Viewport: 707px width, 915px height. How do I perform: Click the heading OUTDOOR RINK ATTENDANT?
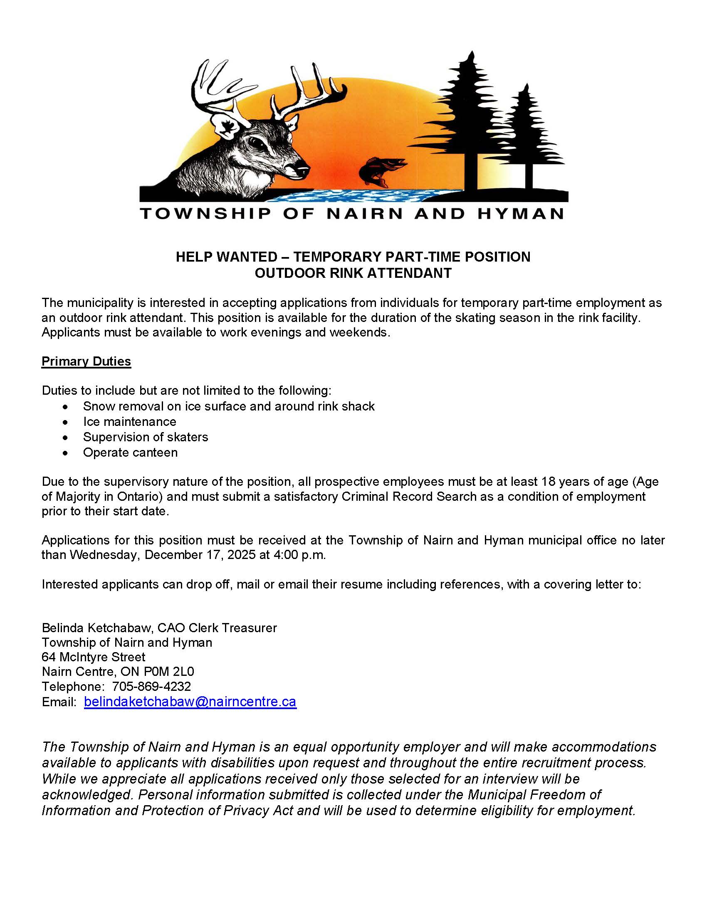click(353, 273)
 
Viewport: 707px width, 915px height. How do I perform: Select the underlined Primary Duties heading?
click(86, 361)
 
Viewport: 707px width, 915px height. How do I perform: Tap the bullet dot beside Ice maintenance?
click(65, 422)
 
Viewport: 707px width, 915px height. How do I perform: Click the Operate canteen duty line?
click(130, 453)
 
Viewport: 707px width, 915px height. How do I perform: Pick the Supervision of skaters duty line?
click(145, 437)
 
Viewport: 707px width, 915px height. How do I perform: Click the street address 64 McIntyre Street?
click(94, 656)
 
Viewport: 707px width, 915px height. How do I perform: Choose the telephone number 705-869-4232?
click(152, 686)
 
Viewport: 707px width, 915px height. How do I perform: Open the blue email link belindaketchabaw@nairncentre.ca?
click(190, 702)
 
